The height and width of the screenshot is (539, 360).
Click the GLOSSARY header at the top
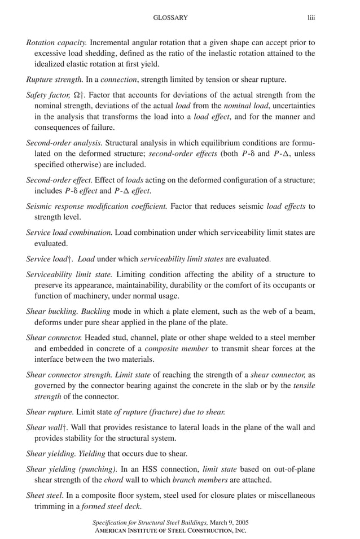click(x=170, y=18)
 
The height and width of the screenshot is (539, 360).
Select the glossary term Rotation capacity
click(x=56, y=42)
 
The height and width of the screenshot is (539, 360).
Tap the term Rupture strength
click(x=55, y=80)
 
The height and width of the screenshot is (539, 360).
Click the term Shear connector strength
click(x=70, y=375)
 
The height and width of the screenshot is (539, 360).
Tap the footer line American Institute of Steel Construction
click(x=169, y=531)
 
